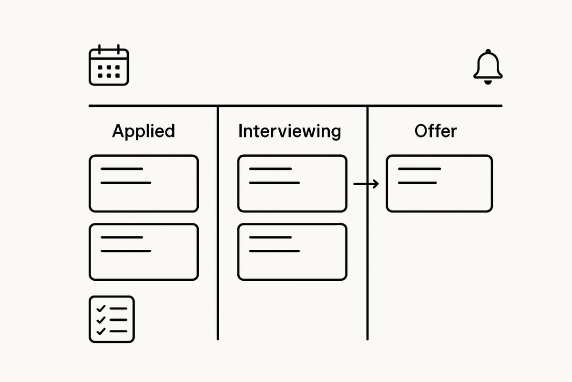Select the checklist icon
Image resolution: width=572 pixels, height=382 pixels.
click(112, 319)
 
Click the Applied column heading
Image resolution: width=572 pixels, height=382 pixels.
click(143, 131)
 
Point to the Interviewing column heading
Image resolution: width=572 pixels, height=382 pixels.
click(289, 131)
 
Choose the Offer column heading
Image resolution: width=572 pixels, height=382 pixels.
click(435, 131)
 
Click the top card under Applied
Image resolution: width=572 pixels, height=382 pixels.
click(143, 183)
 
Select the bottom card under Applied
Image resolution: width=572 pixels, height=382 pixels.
click(143, 252)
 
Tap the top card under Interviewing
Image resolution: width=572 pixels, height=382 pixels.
click(292, 183)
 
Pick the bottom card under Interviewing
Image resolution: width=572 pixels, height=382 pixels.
click(292, 252)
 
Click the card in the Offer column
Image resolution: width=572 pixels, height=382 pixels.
click(439, 183)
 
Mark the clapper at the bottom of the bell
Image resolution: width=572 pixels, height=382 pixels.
click(488, 83)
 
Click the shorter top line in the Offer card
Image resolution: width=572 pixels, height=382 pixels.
click(419, 169)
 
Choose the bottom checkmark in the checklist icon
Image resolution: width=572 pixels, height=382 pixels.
click(101, 331)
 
